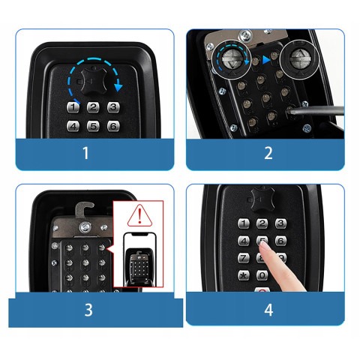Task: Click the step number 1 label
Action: (85, 153)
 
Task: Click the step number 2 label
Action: (268, 153)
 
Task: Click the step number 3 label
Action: (88, 310)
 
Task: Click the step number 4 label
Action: (268, 310)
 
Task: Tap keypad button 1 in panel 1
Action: (73, 107)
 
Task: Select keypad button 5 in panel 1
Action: (93, 126)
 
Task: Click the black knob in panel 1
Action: (94, 81)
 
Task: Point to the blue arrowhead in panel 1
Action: (118, 87)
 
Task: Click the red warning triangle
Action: (139, 216)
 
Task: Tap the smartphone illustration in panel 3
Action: (140, 259)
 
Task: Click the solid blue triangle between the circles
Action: (266, 60)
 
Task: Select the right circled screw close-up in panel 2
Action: (300, 59)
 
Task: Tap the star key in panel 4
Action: (244, 275)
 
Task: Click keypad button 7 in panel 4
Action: (244, 258)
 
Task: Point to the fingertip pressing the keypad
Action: (263, 247)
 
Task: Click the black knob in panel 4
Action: (262, 199)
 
